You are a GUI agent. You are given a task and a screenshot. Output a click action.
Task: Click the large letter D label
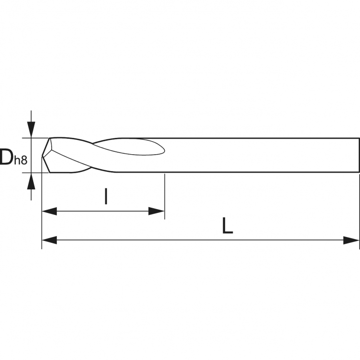click(6, 157)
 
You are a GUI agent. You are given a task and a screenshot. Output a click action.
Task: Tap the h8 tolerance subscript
click(21, 160)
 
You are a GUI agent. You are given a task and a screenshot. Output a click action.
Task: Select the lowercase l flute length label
click(106, 196)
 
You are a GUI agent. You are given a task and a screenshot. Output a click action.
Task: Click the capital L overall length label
click(227, 226)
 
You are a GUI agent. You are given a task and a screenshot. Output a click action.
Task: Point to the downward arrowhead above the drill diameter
click(31, 129)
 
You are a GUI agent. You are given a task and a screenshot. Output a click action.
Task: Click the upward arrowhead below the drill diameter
click(31, 181)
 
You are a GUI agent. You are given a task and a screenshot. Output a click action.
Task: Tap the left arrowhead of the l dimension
click(49, 211)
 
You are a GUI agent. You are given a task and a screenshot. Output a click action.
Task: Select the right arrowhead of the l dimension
click(157, 211)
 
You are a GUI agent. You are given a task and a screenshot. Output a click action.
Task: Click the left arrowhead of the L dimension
click(49, 240)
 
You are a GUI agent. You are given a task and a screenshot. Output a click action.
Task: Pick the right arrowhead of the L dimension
click(351, 240)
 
